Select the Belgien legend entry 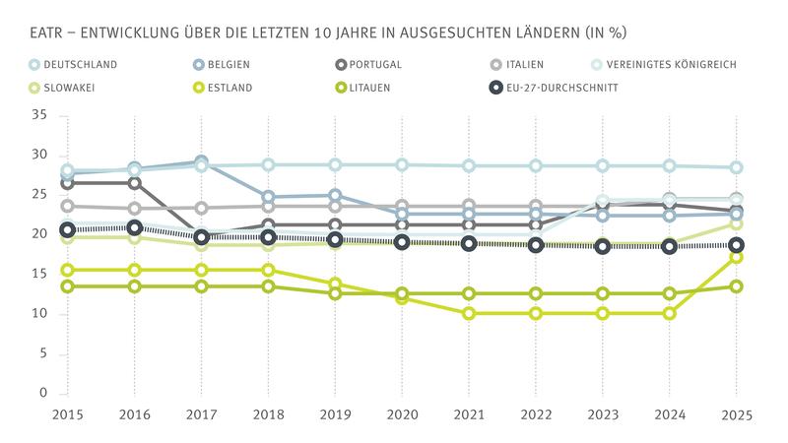coord(228,65)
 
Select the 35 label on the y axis coord(39,115)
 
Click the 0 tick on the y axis coord(43,393)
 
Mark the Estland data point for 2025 coord(735,257)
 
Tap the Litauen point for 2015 coord(67,286)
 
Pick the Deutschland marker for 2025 coord(735,167)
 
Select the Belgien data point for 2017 coord(201,161)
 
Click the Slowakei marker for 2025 coord(735,223)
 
